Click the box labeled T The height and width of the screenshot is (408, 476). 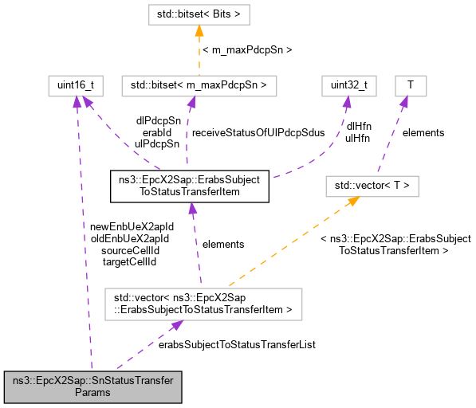pos(410,84)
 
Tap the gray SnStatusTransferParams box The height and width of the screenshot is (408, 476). pos(93,386)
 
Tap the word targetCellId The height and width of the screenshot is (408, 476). pos(131,261)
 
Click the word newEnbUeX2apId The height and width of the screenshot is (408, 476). pos(132,226)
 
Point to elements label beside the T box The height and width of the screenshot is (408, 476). pos(423,132)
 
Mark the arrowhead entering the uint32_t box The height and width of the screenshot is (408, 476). pos(347,100)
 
